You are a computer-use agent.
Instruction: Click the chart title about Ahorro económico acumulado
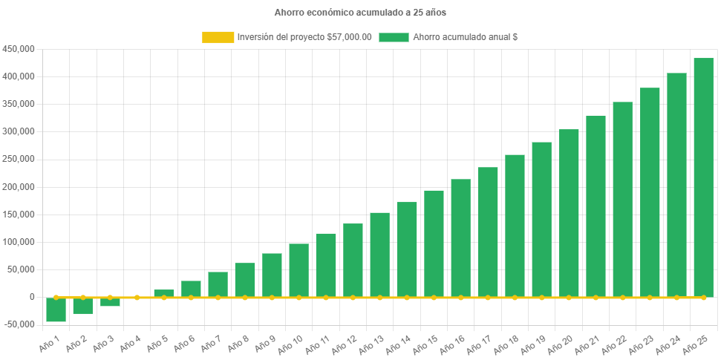pos(360,13)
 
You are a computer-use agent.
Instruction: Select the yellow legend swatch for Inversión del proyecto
pos(218,37)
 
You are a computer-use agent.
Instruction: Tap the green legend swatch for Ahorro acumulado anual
pos(394,37)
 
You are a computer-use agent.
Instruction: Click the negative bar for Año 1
pos(56,310)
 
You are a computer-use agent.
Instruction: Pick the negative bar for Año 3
pos(110,301)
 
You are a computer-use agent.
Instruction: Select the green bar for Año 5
pos(164,293)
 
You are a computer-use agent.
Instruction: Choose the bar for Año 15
pos(434,243)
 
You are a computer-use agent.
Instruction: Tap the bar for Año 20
pos(569,213)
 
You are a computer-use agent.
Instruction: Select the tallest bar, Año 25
pos(703,177)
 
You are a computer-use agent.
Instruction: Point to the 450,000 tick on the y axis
pos(19,49)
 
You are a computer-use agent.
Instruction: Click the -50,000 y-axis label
pos(19,324)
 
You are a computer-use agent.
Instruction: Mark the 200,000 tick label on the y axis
pos(19,187)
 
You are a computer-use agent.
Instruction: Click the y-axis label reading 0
pos(32,297)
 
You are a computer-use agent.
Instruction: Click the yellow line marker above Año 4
pos(137,297)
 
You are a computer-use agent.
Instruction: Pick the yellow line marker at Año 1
pos(56,297)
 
